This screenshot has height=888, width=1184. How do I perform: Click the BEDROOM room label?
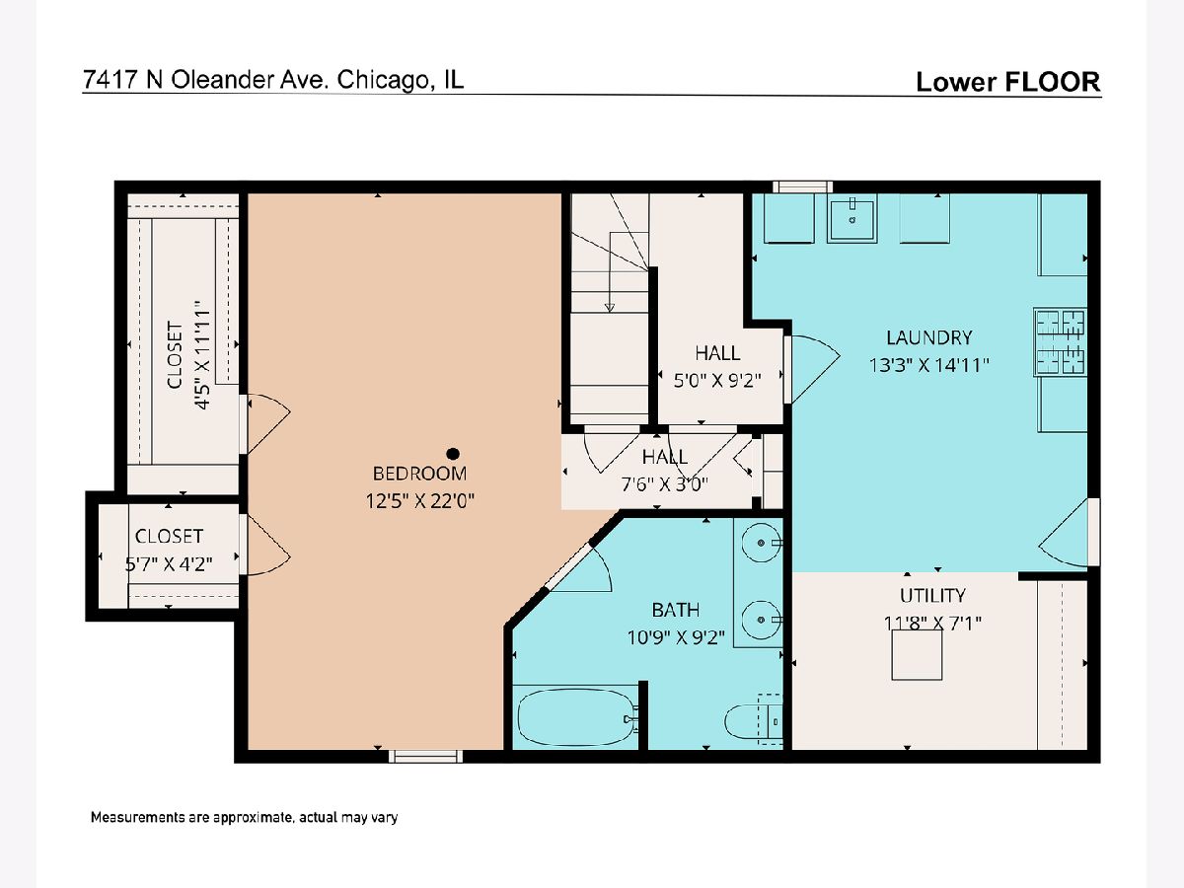click(x=419, y=474)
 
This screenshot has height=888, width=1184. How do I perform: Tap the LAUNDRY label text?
click(x=928, y=337)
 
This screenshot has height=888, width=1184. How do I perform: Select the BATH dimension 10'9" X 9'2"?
click(x=675, y=637)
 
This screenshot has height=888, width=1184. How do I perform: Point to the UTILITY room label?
click(x=932, y=595)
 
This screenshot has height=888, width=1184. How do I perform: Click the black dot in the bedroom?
click(x=453, y=454)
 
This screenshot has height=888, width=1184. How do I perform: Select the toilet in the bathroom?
click(x=753, y=721)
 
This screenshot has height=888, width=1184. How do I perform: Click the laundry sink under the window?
click(x=851, y=220)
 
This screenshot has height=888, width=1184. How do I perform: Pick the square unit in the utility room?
click(x=917, y=654)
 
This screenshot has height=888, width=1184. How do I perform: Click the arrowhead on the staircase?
click(x=610, y=308)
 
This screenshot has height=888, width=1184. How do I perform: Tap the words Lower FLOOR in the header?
click(x=1008, y=82)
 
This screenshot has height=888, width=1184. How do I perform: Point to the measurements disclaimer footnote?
click(x=244, y=817)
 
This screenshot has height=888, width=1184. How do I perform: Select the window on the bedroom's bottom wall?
click(x=425, y=757)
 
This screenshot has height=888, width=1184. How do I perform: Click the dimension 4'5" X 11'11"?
click(x=201, y=355)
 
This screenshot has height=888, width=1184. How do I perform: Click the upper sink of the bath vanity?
click(x=761, y=543)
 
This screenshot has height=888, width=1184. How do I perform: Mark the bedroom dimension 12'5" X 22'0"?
click(x=419, y=501)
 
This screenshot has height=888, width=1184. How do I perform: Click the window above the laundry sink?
click(x=802, y=187)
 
